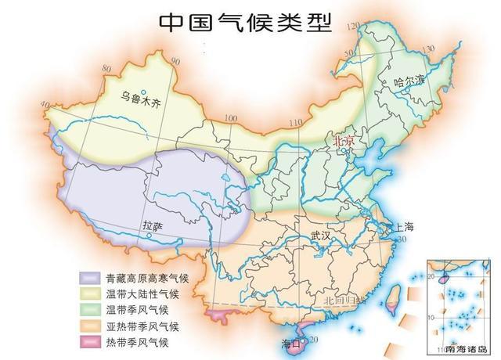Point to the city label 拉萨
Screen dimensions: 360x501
pyautogui.click(x=153, y=227)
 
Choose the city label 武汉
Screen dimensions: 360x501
pyautogui.click(x=322, y=234)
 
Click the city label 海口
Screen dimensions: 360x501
pyautogui.click(x=291, y=343)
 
